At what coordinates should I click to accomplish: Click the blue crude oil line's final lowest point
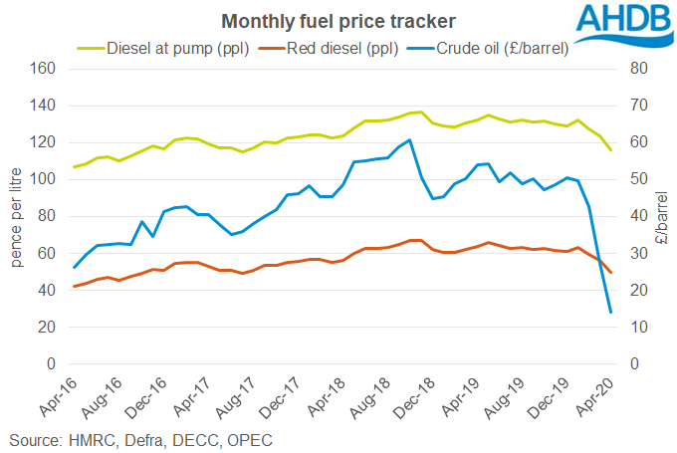coord(610,313)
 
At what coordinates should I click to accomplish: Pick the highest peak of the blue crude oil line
coord(410,139)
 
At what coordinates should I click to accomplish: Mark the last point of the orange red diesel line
coord(610,273)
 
